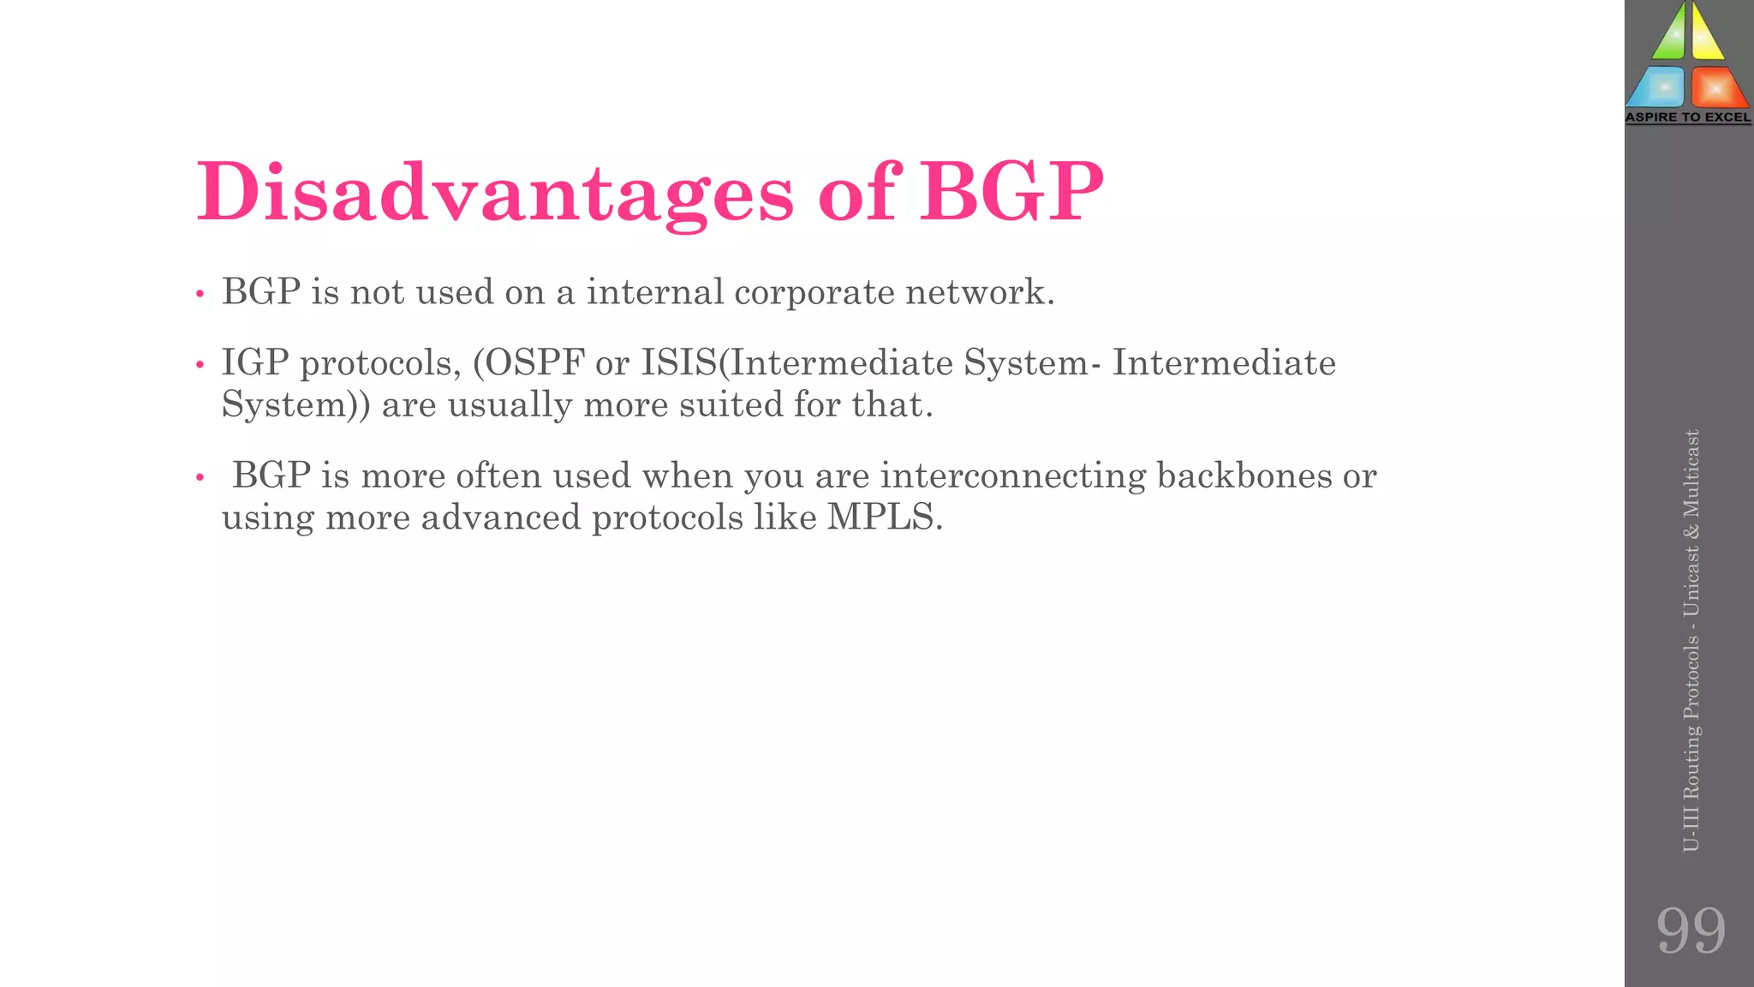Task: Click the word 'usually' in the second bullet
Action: point(510,405)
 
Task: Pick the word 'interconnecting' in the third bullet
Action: point(1012,476)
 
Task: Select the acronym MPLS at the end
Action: point(884,517)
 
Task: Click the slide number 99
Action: point(1690,930)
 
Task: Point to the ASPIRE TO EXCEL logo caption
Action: point(1688,117)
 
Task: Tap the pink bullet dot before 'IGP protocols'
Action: point(200,366)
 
